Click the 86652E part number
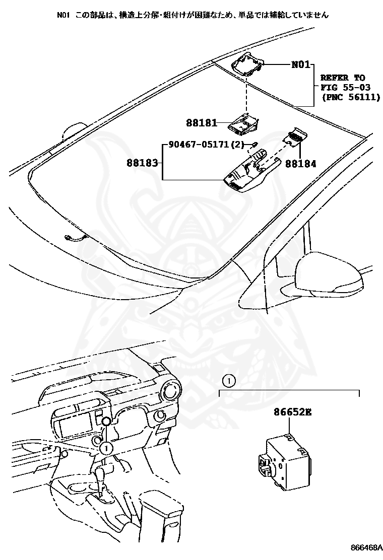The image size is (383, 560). [x=293, y=412]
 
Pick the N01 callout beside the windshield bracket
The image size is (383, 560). [x=301, y=65]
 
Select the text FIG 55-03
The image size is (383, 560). [x=343, y=88]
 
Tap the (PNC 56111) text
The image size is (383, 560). [x=350, y=97]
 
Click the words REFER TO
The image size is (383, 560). [x=343, y=78]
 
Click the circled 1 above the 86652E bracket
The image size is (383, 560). [x=228, y=381]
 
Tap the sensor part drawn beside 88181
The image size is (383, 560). [x=244, y=123]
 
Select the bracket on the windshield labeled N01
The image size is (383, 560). [x=247, y=63]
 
